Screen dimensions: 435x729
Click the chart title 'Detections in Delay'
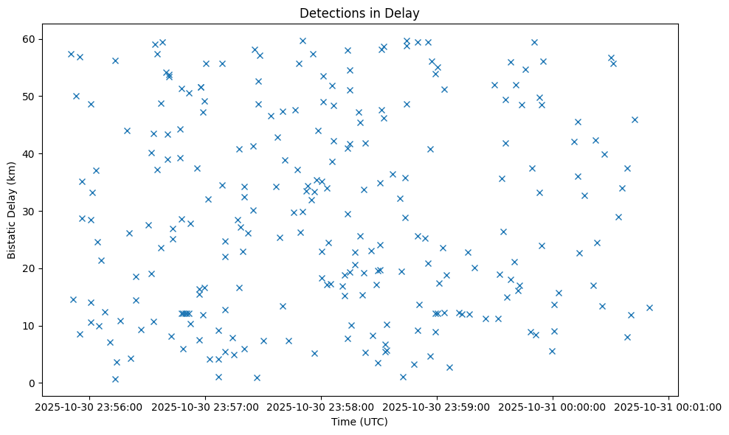(x=359, y=13)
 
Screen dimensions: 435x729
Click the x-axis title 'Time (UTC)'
(x=359, y=422)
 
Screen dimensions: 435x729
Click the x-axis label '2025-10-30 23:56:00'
(x=89, y=406)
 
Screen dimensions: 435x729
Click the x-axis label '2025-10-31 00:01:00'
(x=668, y=406)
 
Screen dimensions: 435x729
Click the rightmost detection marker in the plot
(x=649, y=307)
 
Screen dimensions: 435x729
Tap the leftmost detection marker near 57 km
(x=71, y=54)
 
